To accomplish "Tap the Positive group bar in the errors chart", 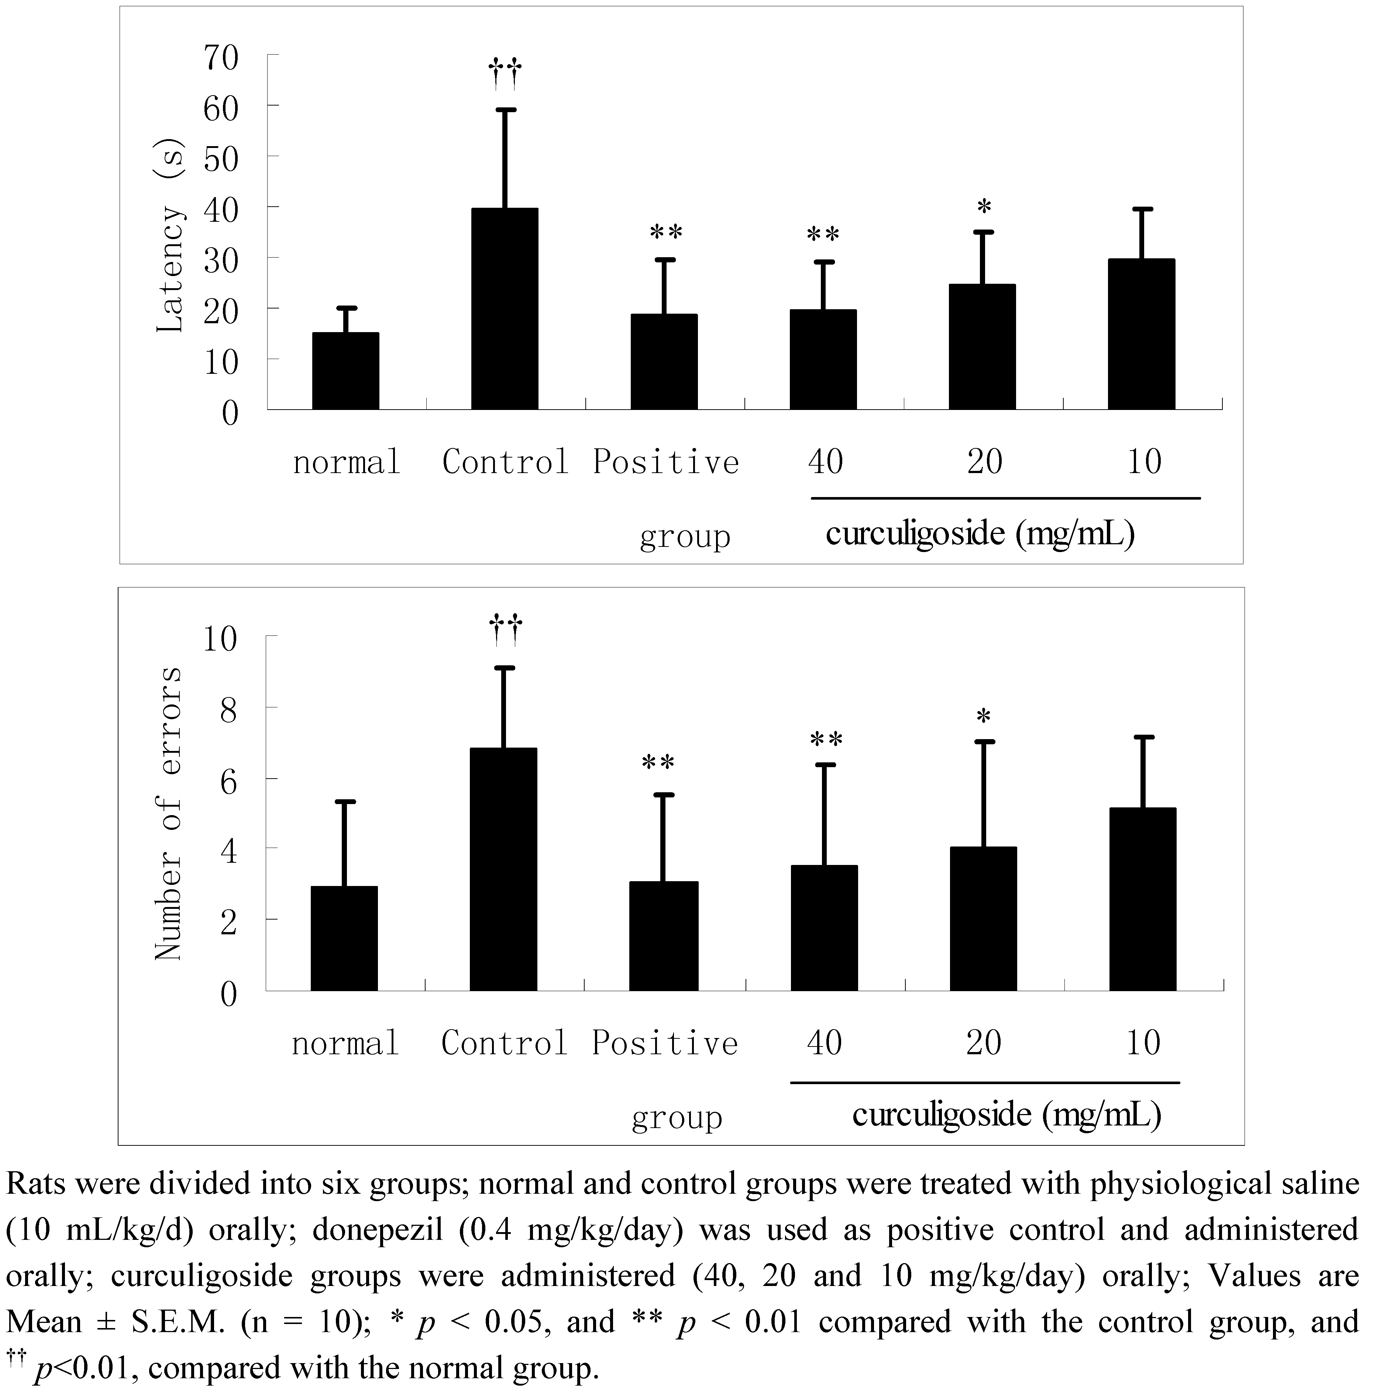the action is [663, 936].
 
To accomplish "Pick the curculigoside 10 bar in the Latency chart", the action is [1141, 335].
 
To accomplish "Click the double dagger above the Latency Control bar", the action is [505, 73].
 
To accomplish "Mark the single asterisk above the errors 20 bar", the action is [984, 717].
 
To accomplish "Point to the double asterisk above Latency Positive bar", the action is [665, 232].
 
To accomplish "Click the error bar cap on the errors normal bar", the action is [345, 801].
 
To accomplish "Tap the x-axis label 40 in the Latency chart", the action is [825, 462].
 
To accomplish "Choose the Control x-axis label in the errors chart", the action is [505, 1043].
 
